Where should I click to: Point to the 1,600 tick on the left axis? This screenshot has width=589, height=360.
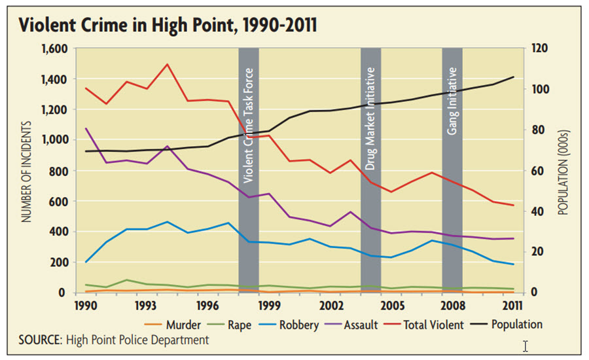click(x=54, y=49)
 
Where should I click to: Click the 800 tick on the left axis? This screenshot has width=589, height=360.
click(x=59, y=171)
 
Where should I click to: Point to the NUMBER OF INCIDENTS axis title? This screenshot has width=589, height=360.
click(x=27, y=170)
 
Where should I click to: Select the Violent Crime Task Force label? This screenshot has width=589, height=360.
click(x=248, y=124)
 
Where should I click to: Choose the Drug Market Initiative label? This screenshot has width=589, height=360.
click(x=370, y=118)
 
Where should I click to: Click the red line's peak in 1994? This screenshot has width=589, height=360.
click(x=168, y=64)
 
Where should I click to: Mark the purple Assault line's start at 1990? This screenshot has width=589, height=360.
click(x=86, y=128)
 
